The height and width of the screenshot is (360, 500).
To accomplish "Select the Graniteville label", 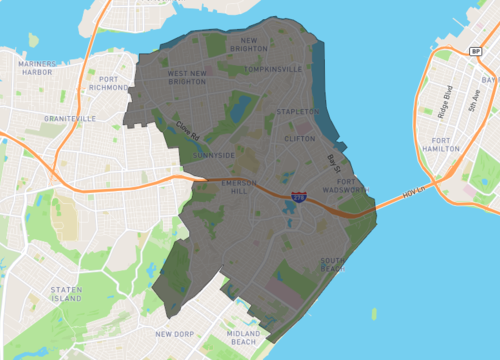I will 69,118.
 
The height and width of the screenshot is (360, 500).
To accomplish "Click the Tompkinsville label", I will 273,69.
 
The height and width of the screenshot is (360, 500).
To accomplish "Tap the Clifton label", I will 300,139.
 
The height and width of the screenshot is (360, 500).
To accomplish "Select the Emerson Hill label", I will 239,188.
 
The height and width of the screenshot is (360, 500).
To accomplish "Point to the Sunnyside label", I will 216,156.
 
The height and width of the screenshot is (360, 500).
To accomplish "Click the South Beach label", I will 333,265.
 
